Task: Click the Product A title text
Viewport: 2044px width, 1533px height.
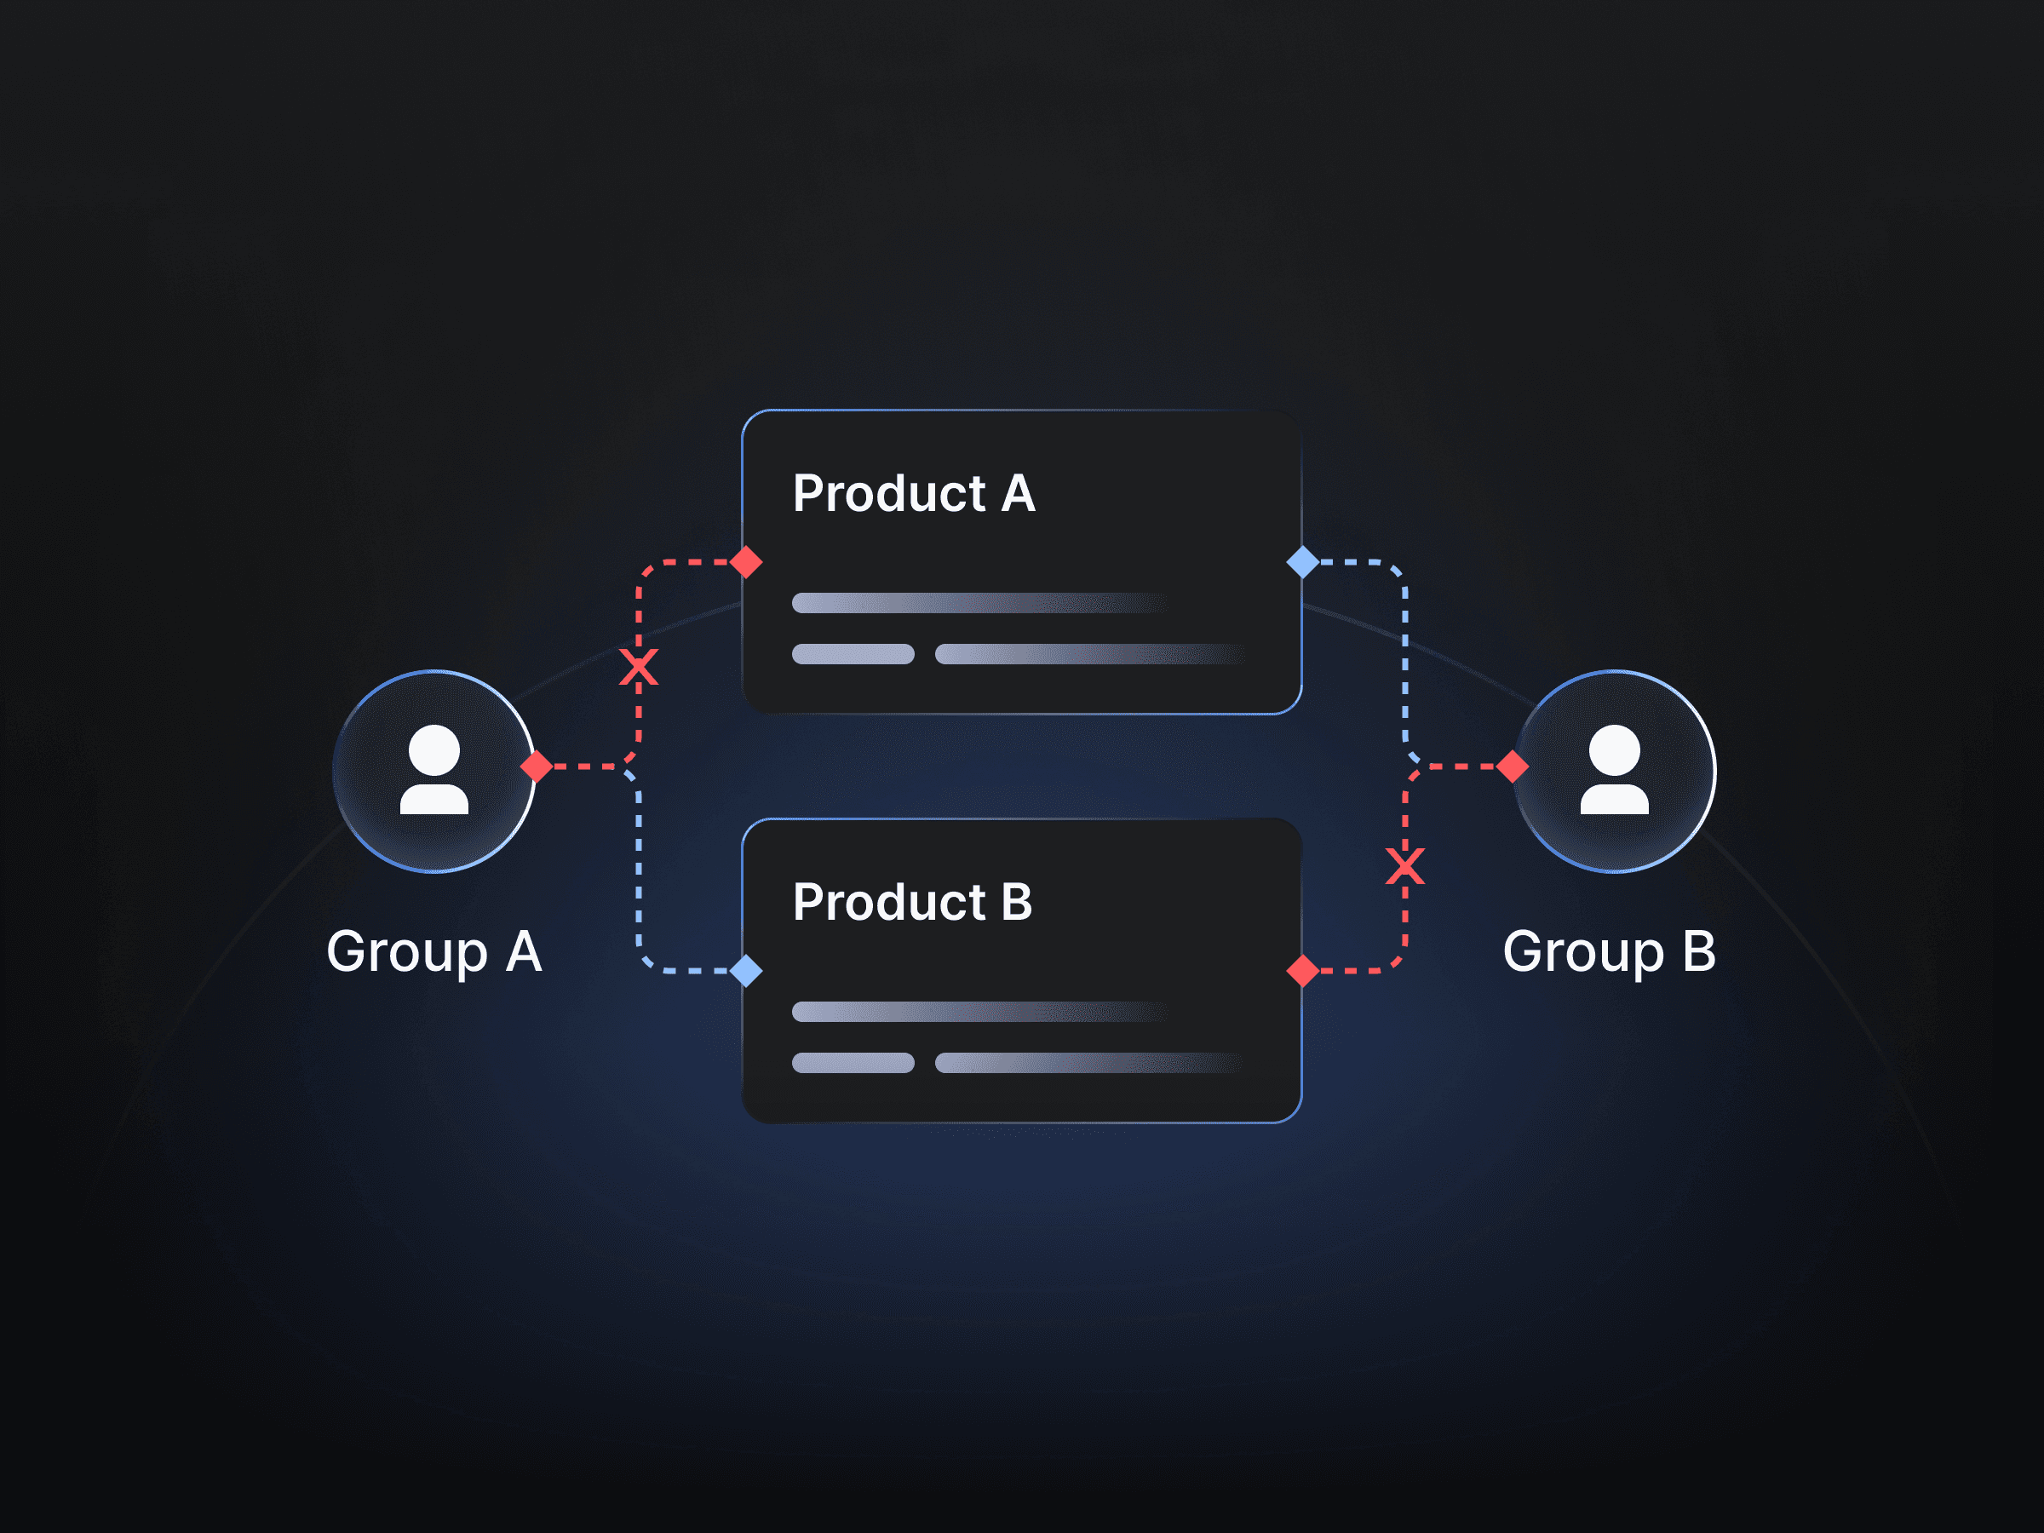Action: (913, 493)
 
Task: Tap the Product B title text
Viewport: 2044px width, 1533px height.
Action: (912, 902)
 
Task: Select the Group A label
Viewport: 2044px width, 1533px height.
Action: (433, 952)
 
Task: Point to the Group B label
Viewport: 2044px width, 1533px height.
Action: (1609, 952)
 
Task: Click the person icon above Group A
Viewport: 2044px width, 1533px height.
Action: (433, 770)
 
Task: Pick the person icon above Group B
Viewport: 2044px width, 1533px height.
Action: (1613, 770)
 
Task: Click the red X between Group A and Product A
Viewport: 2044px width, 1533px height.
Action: (639, 667)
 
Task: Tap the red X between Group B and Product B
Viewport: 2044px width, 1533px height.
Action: (1404, 867)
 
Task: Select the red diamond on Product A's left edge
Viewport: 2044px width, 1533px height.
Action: (746, 562)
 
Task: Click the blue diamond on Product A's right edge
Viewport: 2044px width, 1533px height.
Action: (1302, 562)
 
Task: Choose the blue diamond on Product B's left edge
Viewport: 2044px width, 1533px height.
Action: (746, 971)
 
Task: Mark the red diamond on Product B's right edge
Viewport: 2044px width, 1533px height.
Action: (1302, 971)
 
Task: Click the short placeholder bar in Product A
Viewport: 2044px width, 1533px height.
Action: (853, 654)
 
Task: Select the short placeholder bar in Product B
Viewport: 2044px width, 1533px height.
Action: (853, 1063)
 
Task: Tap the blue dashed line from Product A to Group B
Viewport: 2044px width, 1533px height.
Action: (1404, 665)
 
